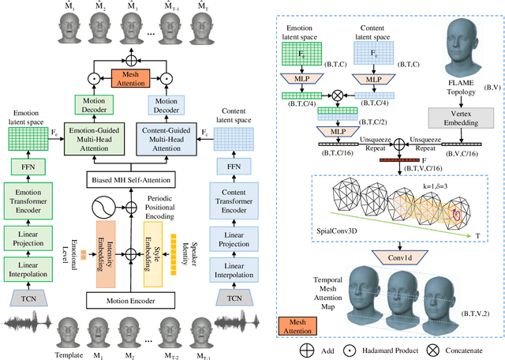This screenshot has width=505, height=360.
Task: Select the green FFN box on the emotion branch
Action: coord(29,167)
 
